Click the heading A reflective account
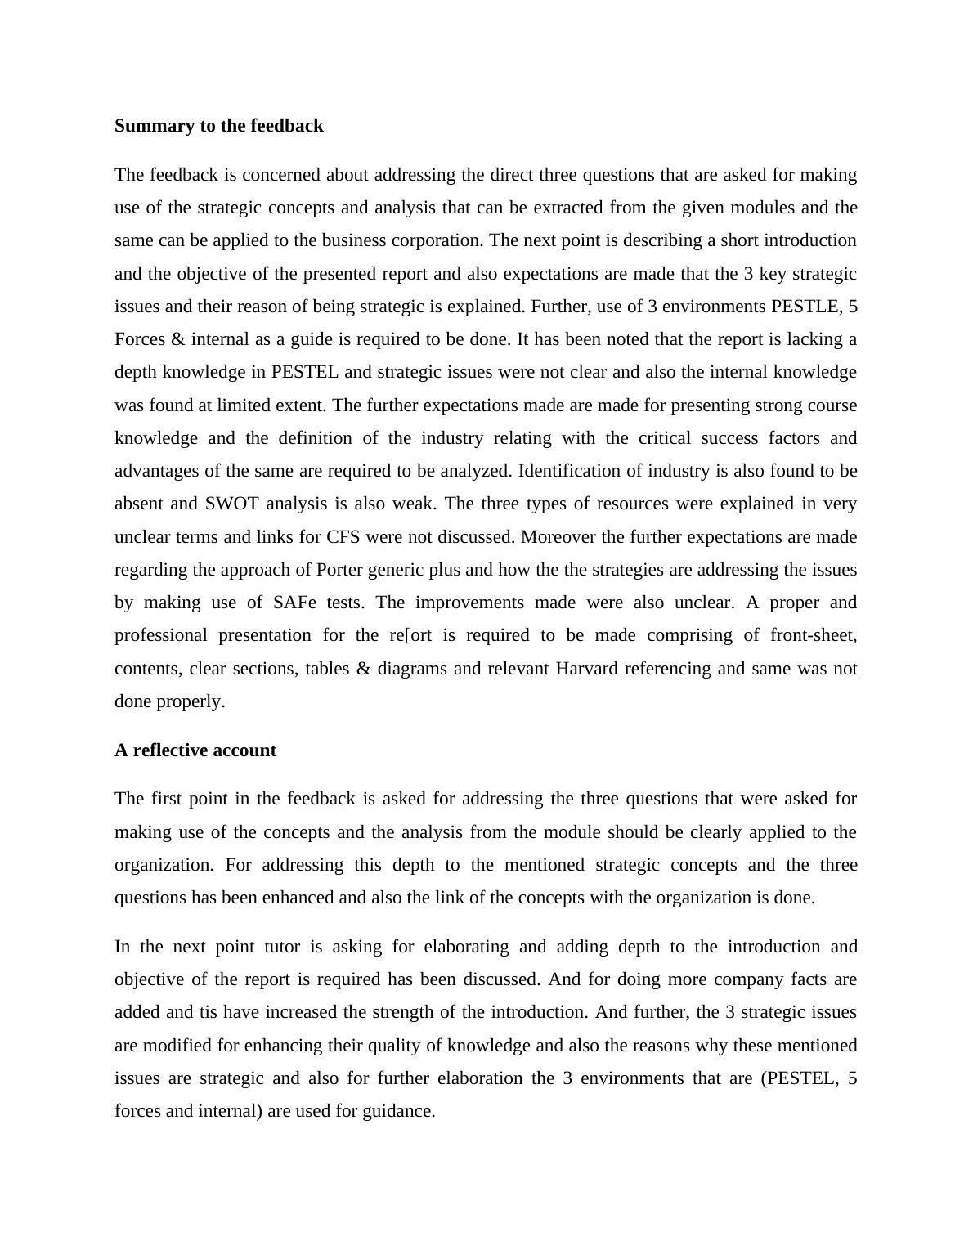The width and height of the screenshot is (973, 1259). (195, 750)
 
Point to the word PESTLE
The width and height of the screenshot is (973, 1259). (805, 307)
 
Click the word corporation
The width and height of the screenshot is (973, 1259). (440, 240)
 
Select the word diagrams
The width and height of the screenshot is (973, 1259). (412, 669)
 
